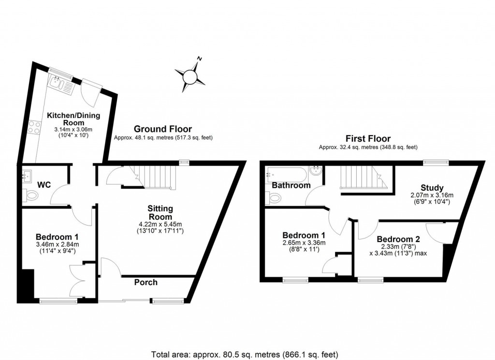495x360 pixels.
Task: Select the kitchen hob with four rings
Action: point(35,127)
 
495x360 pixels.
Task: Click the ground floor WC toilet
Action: point(31,196)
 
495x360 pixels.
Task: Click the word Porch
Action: point(146,282)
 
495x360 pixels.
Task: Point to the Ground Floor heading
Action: point(162,129)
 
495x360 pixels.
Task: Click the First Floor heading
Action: point(368,139)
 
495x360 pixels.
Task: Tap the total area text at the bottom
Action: point(245,354)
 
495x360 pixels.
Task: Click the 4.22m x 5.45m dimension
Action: point(160,224)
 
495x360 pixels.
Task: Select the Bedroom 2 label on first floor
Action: point(398,239)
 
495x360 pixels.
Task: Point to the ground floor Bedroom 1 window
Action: point(58,301)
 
